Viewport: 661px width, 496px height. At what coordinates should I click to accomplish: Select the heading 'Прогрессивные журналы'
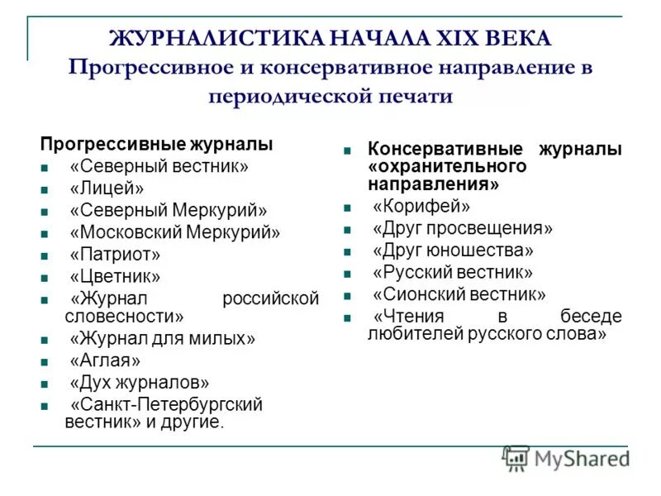[x=157, y=144]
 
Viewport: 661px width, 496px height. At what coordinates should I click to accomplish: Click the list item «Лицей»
[x=107, y=188]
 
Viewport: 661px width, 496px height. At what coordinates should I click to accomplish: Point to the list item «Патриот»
[x=115, y=255]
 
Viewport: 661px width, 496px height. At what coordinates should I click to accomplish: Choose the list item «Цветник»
[x=115, y=277]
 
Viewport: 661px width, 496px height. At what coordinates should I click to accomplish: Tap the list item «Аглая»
[x=105, y=360]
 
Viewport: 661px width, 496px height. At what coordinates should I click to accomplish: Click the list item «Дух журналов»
[x=140, y=383]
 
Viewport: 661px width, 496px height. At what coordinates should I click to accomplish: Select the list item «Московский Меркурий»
[x=175, y=232]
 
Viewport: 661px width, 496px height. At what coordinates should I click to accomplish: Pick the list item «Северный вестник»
[x=159, y=166]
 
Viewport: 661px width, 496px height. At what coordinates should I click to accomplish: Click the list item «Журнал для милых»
[x=163, y=338]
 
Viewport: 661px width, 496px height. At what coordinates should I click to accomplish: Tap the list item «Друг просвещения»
[x=462, y=228]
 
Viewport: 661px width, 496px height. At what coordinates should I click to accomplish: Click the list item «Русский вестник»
[x=452, y=272]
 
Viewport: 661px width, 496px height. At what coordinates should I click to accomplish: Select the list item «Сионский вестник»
[x=459, y=293]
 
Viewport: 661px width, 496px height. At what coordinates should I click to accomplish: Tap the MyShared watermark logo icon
[x=516, y=458]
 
